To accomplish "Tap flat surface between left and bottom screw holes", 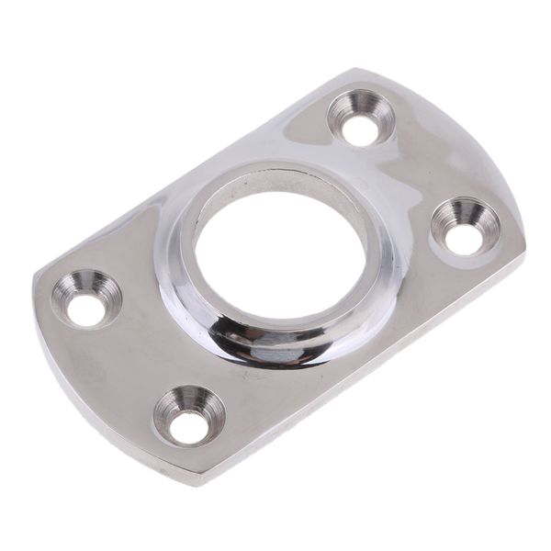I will [129, 367].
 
